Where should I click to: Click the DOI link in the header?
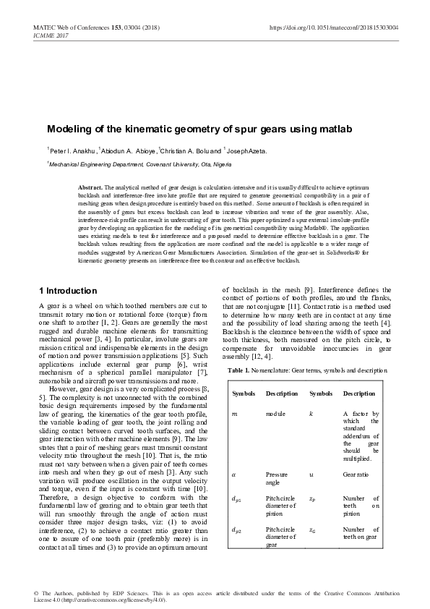[x=344, y=27]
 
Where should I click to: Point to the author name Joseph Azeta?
[x=247, y=151]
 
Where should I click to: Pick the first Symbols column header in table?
[x=244, y=393]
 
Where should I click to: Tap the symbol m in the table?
[x=233, y=412]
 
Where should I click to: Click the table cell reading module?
[x=276, y=412]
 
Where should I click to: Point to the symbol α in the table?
[x=233, y=475]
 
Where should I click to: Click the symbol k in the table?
[x=311, y=412]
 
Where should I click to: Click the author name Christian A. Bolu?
[x=191, y=151]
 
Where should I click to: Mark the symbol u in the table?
[x=311, y=475]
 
